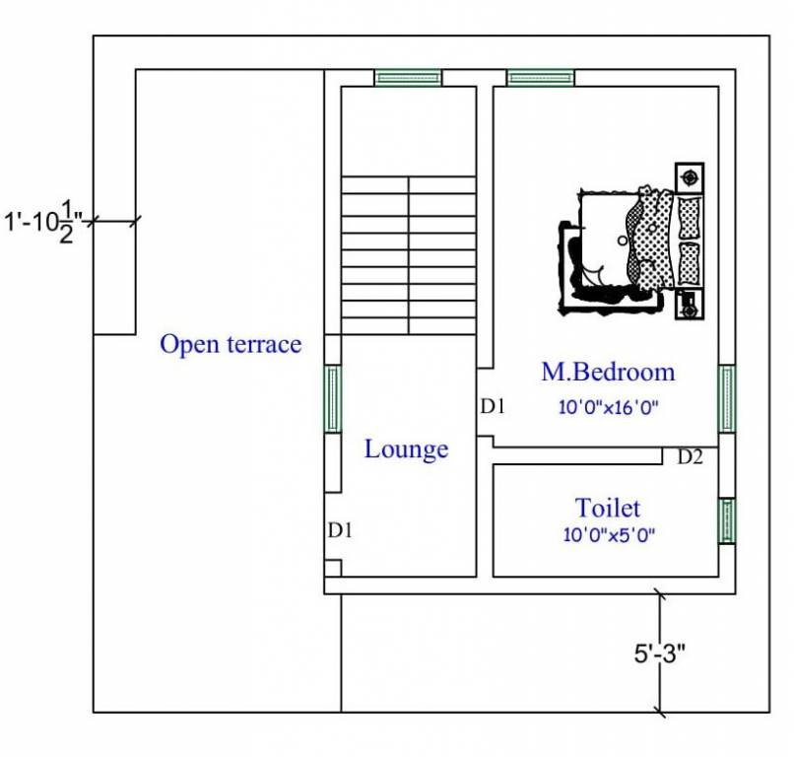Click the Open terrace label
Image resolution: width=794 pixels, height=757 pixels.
tap(231, 344)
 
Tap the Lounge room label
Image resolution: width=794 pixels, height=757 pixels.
tap(406, 449)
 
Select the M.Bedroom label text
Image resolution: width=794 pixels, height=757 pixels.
tap(608, 372)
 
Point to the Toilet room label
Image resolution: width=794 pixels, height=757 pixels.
tap(608, 508)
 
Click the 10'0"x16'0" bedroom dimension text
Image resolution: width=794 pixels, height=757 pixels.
tap(608, 406)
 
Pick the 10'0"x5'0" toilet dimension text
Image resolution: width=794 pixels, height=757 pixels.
tap(608, 535)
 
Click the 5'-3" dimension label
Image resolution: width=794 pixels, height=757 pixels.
tap(659, 653)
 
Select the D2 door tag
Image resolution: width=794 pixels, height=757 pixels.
tap(690, 456)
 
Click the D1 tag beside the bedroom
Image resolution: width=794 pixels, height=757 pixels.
tap(493, 405)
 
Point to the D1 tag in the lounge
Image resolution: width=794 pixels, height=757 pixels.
tap(341, 530)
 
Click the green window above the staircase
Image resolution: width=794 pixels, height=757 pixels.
tap(408, 78)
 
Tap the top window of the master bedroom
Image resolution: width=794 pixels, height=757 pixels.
tap(541, 78)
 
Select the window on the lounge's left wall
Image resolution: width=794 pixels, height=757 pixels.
tap(333, 398)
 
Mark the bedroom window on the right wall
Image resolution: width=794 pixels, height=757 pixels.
tap(727, 398)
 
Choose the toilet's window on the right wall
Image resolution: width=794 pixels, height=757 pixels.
tap(727, 520)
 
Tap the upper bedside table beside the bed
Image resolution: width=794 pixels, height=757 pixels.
tap(690, 177)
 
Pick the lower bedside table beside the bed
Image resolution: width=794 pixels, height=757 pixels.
tap(689, 306)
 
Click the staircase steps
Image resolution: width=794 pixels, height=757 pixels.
tap(408, 253)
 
